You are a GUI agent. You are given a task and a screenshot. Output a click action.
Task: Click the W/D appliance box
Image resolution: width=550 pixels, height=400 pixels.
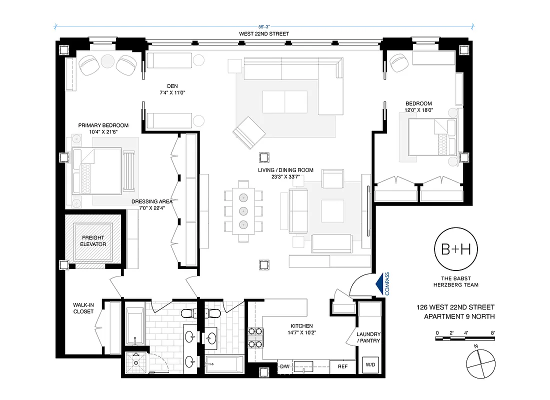[x=370, y=365]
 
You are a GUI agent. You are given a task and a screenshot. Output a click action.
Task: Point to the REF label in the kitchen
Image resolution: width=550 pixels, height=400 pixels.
[x=342, y=366]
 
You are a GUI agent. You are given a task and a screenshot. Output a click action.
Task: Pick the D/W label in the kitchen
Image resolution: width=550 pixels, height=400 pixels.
[x=284, y=366]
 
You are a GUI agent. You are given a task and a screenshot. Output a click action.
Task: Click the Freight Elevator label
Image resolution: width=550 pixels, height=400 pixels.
[x=93, y=241]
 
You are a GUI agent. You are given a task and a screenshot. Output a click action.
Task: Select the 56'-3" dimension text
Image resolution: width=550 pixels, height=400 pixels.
[x=264, y=28]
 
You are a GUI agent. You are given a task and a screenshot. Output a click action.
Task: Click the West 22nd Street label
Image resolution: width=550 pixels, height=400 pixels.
[x=264, y=34]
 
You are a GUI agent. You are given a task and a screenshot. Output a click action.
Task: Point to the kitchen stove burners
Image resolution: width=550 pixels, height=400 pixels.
[x=255, y=337]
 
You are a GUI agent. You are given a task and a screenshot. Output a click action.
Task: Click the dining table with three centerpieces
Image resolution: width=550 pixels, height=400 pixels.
[x=243, y=210]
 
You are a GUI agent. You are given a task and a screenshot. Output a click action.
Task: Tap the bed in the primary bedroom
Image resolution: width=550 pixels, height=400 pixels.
[x=97, y=171]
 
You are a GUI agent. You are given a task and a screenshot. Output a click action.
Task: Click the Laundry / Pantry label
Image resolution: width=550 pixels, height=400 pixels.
[x=368, y=337]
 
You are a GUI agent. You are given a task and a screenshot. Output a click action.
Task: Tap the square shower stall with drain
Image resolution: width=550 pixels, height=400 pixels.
[x=135, y=361]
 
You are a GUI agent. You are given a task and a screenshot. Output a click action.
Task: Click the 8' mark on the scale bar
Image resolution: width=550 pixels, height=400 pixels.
[x=493, y=332]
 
